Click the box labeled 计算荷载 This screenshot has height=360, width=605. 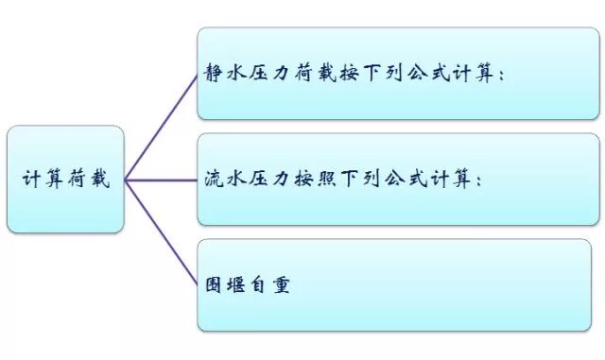(x=65, y=180)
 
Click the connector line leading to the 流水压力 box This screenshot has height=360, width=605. (x=161, y=180)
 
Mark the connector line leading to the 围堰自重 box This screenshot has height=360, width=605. (x=161, y=231)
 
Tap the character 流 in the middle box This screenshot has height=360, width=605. (x=214, y=179)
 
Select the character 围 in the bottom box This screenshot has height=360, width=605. (x=214, y=283)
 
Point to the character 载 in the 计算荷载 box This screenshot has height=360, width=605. (x=98, y=180)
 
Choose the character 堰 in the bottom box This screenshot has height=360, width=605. (x=235, y=283)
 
